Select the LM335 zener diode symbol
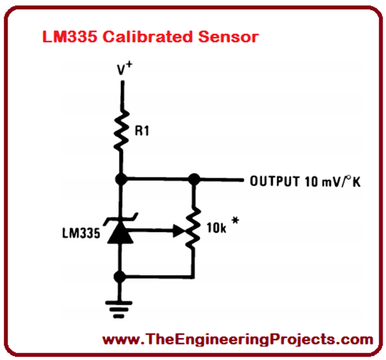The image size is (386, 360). coord(120,232)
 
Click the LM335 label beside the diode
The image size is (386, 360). coord(82,232)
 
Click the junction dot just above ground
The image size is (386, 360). coord(120,277)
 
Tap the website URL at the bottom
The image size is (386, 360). coord(238,339)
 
